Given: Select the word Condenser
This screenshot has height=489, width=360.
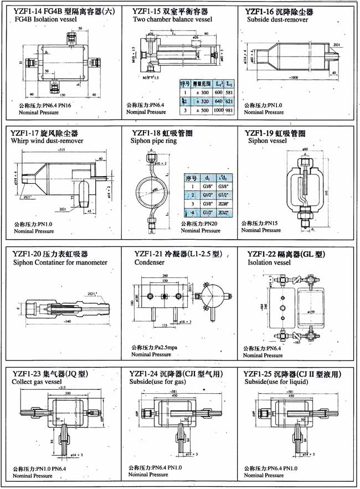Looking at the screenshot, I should coord(150,262).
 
